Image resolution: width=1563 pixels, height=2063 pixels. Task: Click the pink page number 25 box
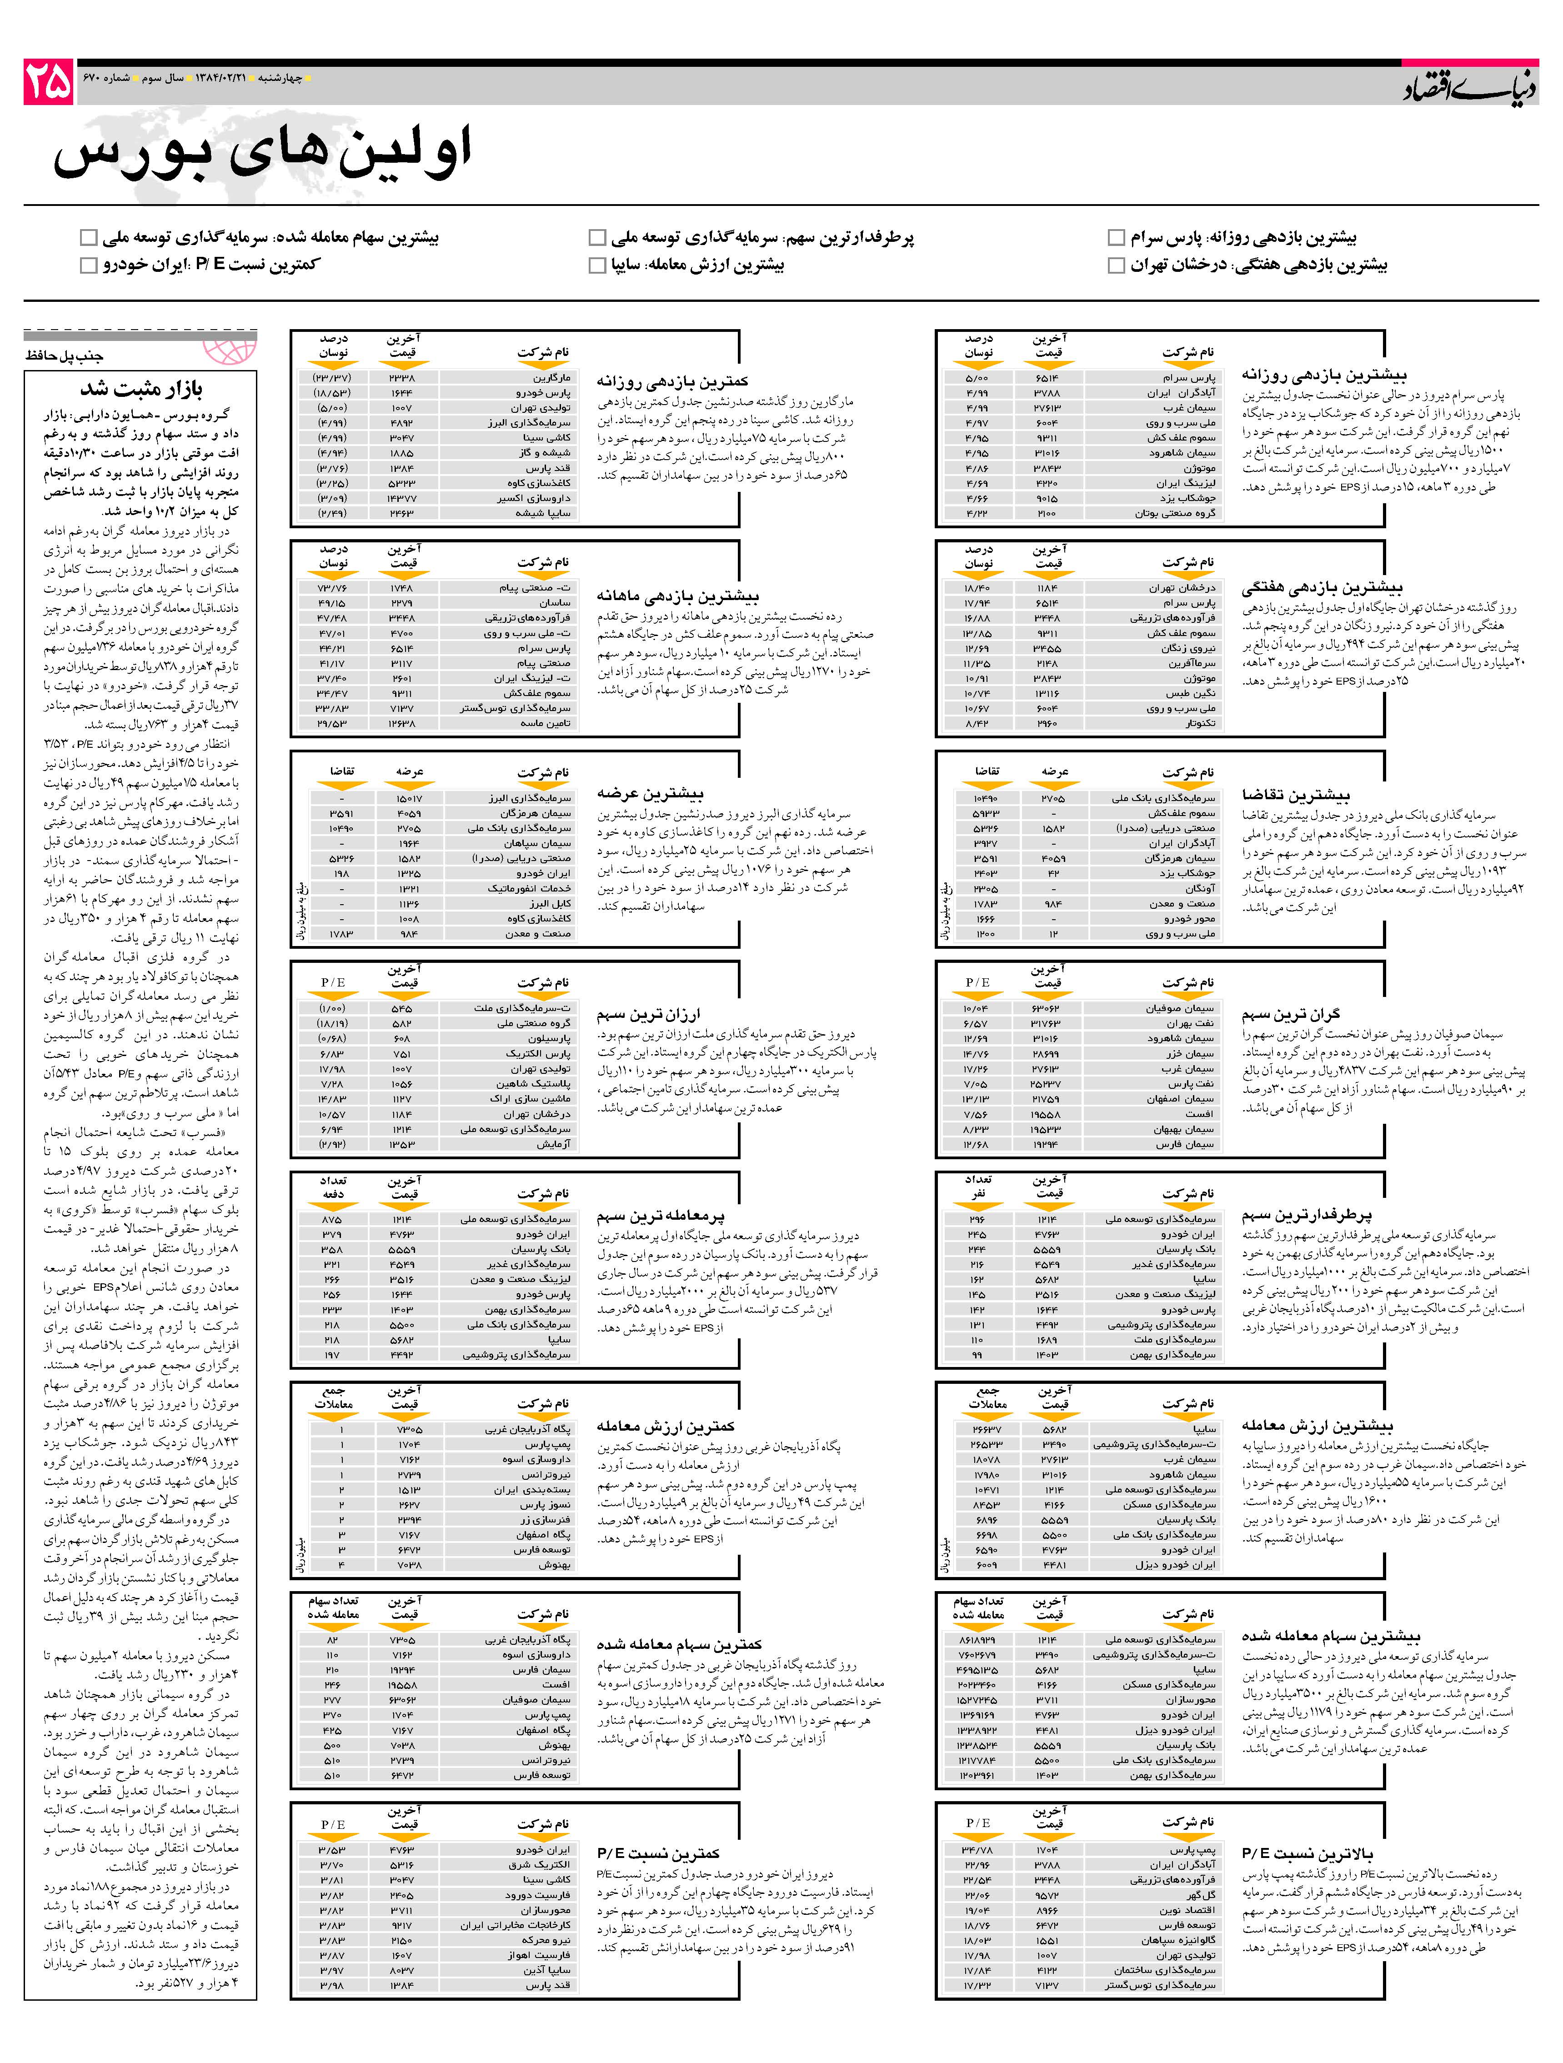pos(49,82)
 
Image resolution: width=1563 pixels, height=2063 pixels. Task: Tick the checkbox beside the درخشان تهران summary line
pos(1115,266)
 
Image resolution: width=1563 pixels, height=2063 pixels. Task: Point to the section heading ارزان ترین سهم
pos(648,1014)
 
